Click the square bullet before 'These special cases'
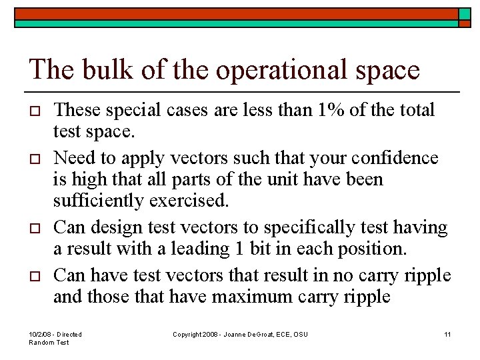pos(35,111)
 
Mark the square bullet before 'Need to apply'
pos(35,159)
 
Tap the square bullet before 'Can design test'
pos(35,229)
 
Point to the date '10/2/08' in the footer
pos(41,334)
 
